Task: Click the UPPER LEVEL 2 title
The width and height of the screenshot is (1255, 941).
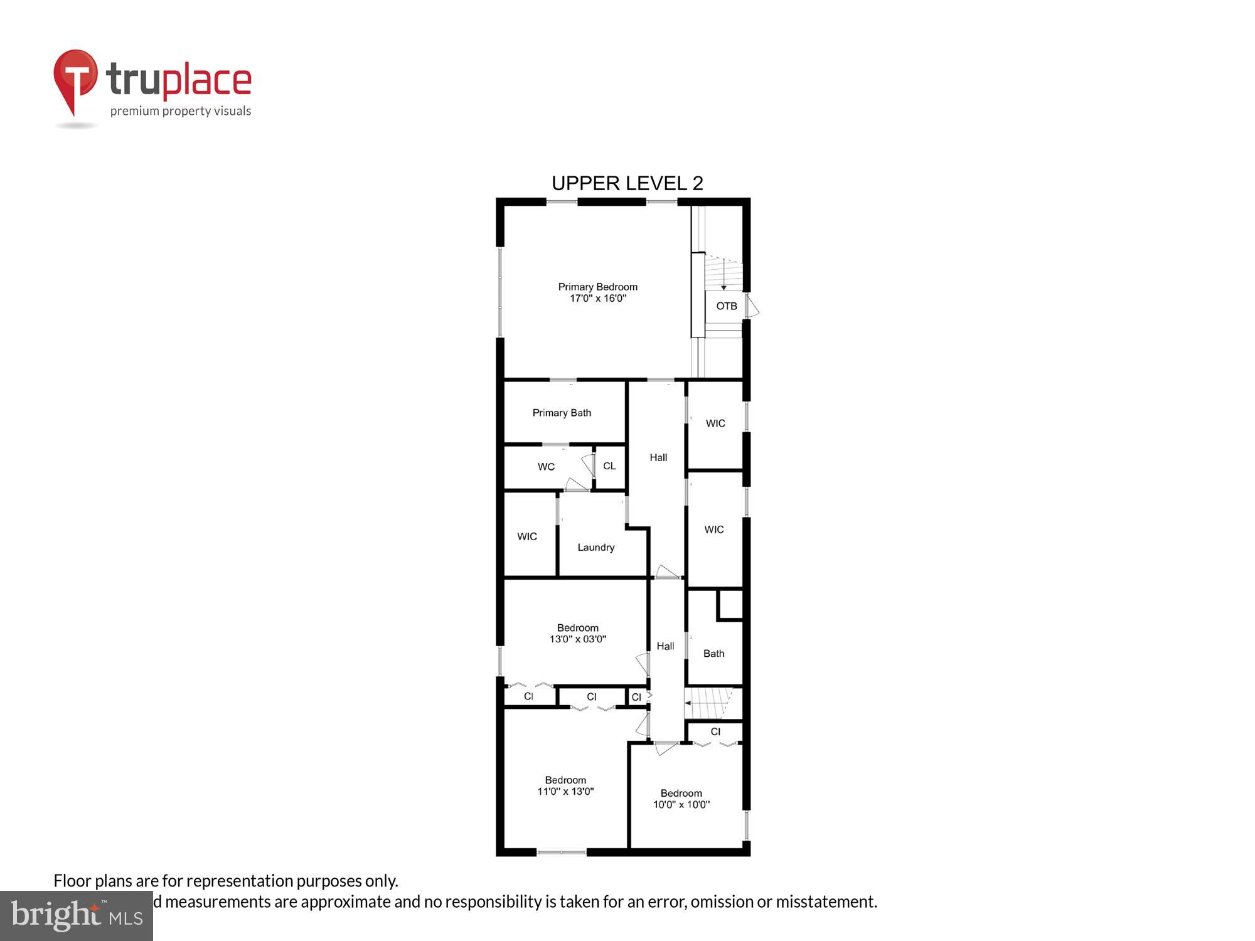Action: [627, 183]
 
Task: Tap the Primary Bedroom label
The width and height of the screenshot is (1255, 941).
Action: [597, 287]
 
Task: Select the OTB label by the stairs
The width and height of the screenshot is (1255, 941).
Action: [727, 306]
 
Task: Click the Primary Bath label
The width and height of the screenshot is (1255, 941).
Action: [562, 413]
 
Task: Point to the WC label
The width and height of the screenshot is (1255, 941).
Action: [546, 467]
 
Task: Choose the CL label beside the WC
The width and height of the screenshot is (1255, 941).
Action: [609, 466]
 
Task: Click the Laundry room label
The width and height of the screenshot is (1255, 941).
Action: [595, 548]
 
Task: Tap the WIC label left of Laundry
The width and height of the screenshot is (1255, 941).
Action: [527, 536]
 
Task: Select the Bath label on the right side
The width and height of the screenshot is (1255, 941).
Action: [713, 654]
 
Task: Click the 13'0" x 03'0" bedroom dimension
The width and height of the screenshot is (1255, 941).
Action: [578, 639]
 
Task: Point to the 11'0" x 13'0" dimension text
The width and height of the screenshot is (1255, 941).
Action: [565, 792]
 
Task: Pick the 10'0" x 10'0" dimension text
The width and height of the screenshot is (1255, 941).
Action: [681, 805]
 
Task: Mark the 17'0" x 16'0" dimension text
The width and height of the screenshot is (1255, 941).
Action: [597, 299]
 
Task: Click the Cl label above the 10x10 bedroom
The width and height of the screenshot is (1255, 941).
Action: [715, 732]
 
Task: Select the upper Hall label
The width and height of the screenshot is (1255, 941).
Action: [658, 458]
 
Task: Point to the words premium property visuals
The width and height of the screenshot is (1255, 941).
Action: [181, 112]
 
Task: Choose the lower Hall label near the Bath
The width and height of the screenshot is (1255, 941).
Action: [665, 646]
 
